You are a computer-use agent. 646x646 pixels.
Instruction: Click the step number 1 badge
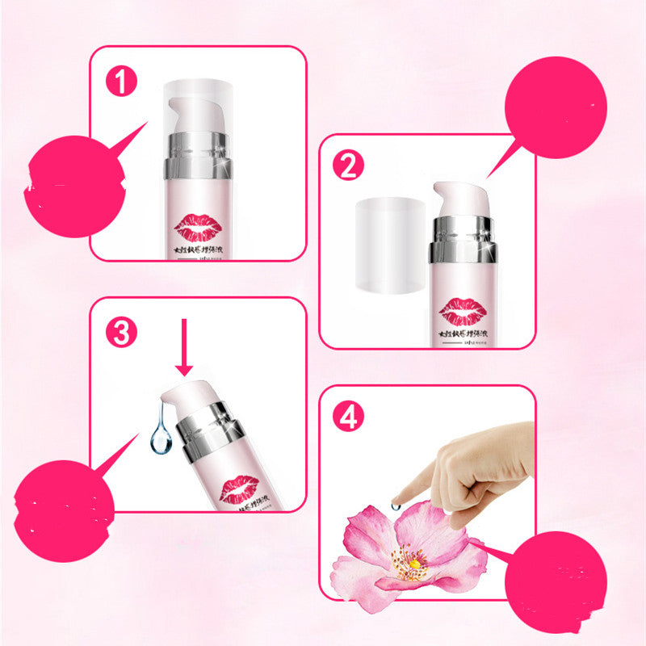coord(120,82)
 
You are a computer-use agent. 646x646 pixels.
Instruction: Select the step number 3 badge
coord(120,333)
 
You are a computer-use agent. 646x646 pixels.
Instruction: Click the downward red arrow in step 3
coord(184,347)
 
